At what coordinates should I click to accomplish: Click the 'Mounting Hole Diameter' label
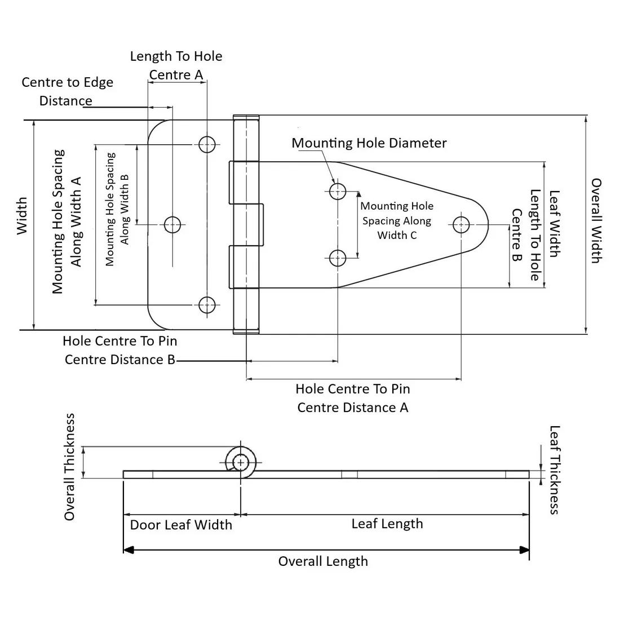click(369, 143)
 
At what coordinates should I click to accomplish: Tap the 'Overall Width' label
click(596, 220)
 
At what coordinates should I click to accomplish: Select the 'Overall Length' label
click(323, 561)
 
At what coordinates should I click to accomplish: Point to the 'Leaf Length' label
click(387, 524)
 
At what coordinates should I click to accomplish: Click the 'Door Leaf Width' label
click(181, 525)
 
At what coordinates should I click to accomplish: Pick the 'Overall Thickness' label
click(69, 467)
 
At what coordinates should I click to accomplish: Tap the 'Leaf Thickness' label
click(554, 470)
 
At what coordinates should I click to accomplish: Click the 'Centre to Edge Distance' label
click(67, 91)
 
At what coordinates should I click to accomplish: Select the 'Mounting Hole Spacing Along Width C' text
click(397, 220)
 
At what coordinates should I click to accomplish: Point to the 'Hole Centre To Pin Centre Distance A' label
click(353, 398)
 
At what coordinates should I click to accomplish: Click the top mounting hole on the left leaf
click(207, 144)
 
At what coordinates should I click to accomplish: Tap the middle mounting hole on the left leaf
click(172, 225)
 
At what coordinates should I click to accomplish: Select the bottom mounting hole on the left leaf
click(207, 305)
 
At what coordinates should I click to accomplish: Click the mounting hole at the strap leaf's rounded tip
click(461, 225)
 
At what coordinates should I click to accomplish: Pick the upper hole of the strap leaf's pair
click(338, 191)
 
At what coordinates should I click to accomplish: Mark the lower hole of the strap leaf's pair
click(338, 258)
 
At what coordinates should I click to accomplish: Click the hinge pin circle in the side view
click(241, 462)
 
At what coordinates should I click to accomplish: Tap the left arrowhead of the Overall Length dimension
click(128, 550)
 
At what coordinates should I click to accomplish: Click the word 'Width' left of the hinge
click(21, 215)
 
